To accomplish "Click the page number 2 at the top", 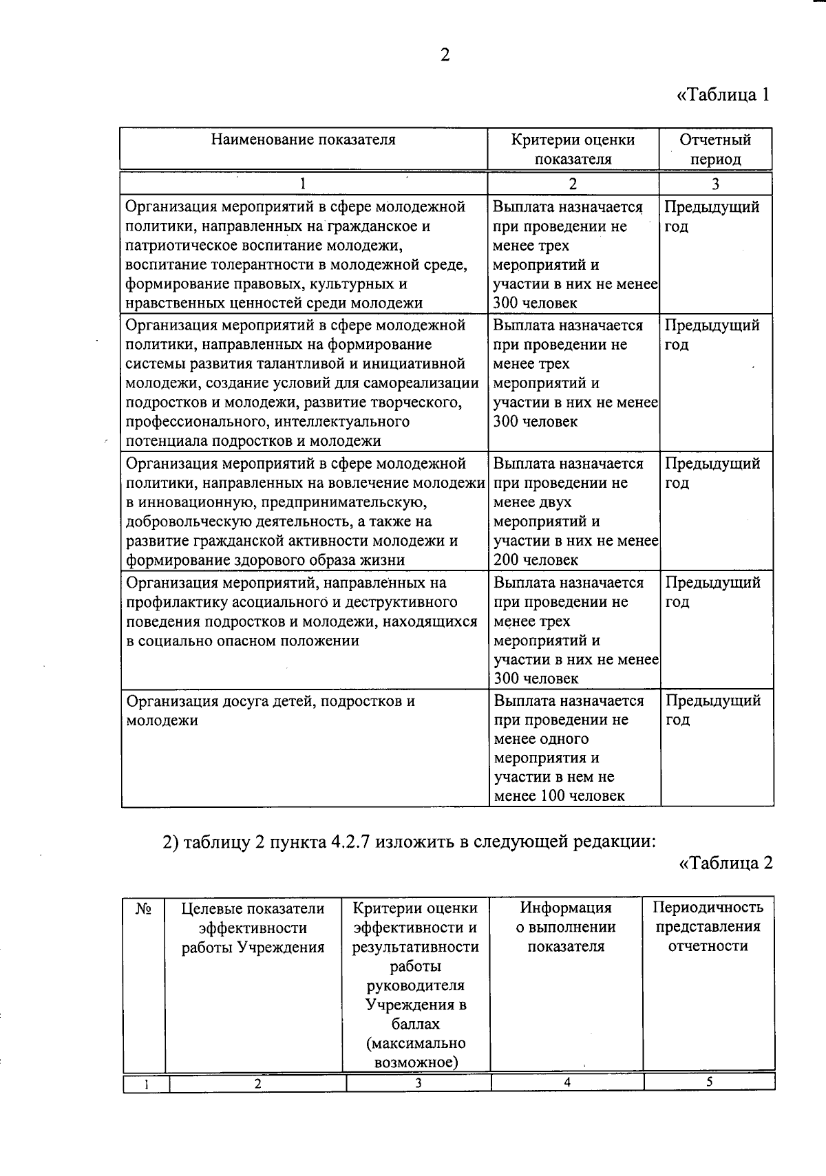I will point(445,55).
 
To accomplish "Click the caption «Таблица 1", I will point(722,95).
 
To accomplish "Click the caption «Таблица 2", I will point(726,862).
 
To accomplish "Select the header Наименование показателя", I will point(303,140).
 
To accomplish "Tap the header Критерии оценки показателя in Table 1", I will point(573,149).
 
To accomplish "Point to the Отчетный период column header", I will point(715,149).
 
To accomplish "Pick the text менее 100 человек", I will point(559,796).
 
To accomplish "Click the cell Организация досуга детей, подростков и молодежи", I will point(271,711).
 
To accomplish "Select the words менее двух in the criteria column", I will point(532,502).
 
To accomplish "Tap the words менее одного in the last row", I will point(541,739).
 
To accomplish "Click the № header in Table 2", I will point(143,909).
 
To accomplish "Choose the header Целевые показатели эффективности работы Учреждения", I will point(253,928).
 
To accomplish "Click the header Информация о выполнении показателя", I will point(566,927).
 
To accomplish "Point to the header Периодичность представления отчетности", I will point(708,926).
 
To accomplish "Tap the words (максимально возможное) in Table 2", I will point(416,1053).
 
